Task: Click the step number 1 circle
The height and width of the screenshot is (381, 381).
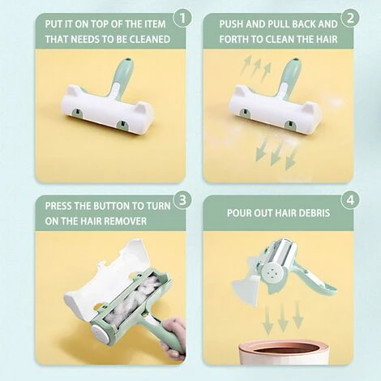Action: coord(182,18)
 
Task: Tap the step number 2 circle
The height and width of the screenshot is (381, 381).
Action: coord(350,18)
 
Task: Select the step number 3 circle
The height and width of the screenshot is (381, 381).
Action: coord(182,200)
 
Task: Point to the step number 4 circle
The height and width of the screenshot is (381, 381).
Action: coord(350,200)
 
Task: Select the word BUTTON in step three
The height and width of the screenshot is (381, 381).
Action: coord(115,206)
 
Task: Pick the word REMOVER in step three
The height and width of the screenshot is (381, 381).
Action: coord(125,221)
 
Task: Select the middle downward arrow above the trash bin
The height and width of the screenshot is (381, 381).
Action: coord(283,318)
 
